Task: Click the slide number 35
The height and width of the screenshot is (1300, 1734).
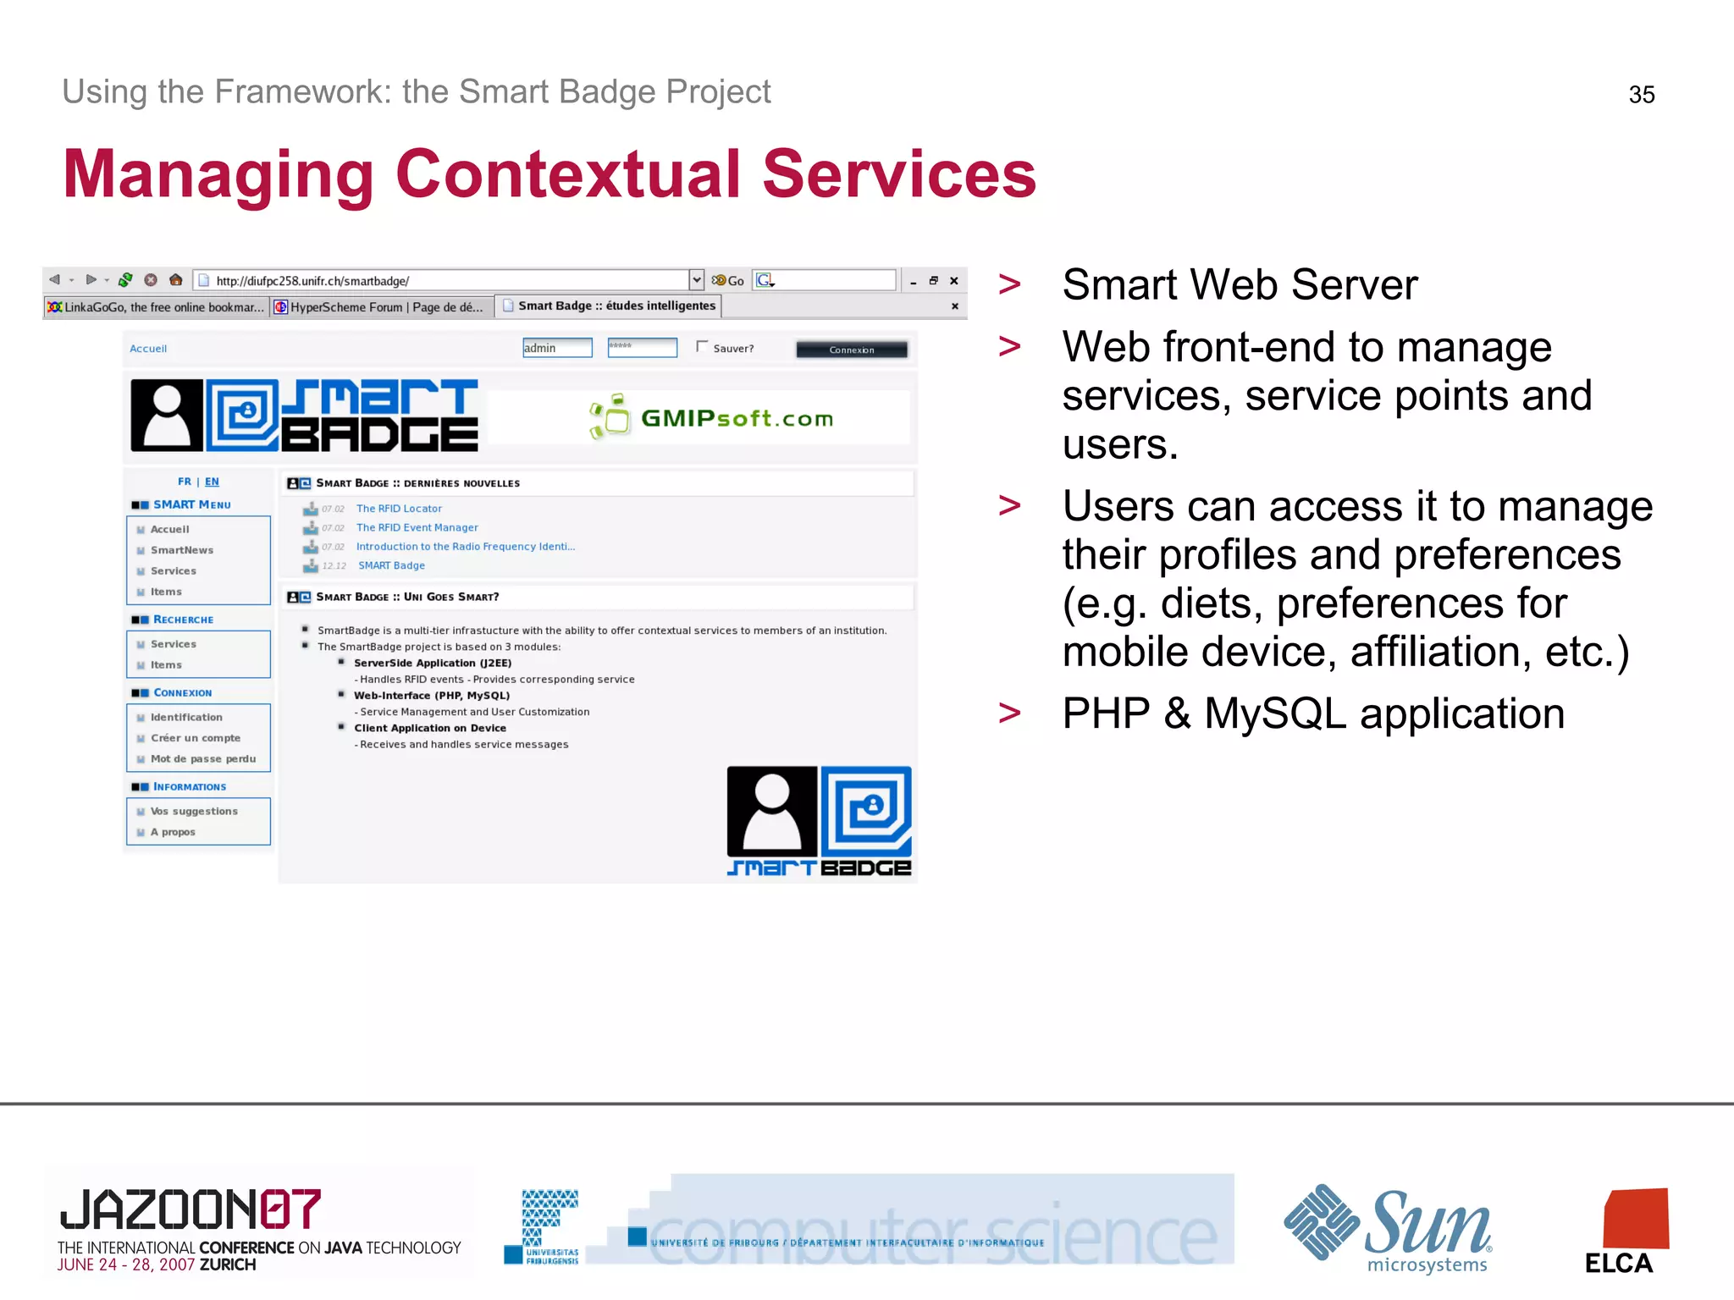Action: coord(1641,95)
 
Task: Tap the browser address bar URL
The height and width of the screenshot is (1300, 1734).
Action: coord(312,281)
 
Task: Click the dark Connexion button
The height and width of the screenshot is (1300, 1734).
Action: coord(851,350)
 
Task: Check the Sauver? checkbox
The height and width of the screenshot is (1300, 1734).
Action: coord(702,346)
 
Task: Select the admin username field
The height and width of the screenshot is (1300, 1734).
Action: coord(556,348)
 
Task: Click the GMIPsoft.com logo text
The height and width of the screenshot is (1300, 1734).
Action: coord(737,418)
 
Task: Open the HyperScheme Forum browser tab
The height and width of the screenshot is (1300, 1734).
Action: coord(381,307)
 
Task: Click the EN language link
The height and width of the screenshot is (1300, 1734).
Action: coord(212,482)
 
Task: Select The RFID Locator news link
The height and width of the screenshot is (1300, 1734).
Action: coord(399,509)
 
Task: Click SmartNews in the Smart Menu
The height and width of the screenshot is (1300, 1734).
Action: coord(181,550)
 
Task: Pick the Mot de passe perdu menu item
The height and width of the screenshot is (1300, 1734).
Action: coord(202,759)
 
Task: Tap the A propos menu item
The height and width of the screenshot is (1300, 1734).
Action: coord(173,832)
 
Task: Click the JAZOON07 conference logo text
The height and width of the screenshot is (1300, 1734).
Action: coord(190,1209)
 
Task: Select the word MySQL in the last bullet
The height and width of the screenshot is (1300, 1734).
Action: coord(1274,713)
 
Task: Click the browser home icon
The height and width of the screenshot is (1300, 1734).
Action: coord(175,280)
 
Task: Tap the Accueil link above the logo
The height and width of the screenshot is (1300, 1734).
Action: coord(148,349)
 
